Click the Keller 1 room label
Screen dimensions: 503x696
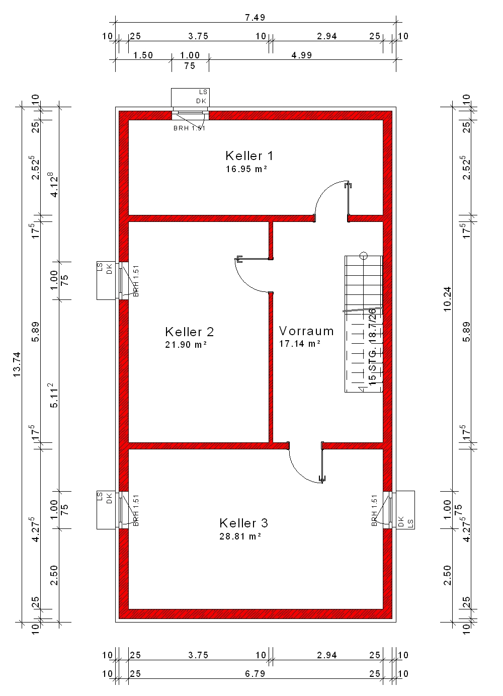249,156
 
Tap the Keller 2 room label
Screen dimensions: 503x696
190,332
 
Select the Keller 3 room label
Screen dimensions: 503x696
243,523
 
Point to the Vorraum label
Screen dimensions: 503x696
306,331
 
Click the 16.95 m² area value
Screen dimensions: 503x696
246,169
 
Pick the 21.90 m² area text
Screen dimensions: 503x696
186,345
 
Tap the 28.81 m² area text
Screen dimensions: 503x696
240,536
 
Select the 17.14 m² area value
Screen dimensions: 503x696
300,343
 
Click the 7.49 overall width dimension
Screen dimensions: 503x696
255,18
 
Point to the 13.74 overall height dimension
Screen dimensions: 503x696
17,364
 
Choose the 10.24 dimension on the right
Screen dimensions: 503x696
447,299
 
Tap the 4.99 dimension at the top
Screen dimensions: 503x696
302,55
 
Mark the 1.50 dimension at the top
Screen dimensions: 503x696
143,55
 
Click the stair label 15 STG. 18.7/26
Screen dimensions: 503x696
372,347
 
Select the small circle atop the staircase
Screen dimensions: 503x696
364,256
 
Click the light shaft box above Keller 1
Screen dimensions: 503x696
190,98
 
